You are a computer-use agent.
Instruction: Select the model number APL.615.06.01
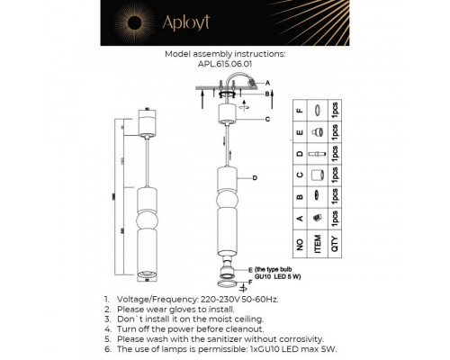225,64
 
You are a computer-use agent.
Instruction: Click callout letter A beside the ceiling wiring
268,82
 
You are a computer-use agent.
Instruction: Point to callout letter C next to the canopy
267,119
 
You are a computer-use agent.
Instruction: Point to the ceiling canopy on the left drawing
146,122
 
